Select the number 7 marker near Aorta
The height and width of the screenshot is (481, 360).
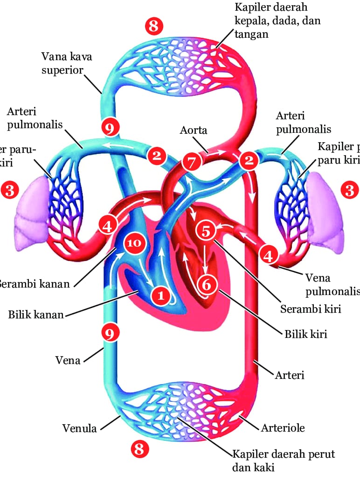click(192, 162)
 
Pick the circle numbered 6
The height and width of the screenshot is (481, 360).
click(207, 283)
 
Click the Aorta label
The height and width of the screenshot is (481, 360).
click(193, 130)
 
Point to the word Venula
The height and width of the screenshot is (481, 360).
click(79, 428)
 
